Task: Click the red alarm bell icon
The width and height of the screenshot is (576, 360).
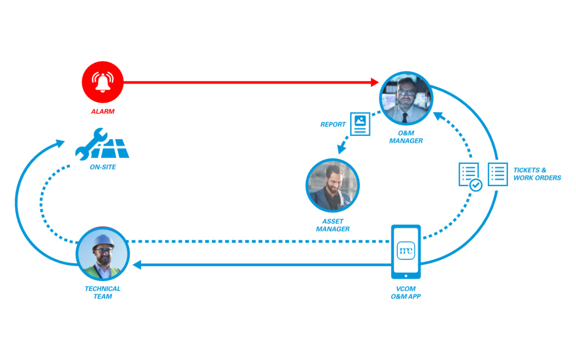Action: point(103,82)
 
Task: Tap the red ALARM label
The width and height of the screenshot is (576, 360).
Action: point(103,111)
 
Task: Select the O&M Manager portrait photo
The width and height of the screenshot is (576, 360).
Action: point(406,98)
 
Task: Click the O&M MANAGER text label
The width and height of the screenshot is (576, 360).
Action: point(406,137)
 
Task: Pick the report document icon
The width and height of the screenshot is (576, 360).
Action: point(360,124)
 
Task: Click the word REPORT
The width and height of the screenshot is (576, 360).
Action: point(333,125)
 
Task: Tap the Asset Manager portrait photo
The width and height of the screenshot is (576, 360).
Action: point(333,185)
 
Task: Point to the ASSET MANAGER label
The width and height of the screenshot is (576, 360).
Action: point(333,225)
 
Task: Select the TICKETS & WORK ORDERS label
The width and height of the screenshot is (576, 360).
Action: point(537,174)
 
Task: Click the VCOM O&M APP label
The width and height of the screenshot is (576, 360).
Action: point(405,292)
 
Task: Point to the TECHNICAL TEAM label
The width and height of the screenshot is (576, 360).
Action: point(103,292)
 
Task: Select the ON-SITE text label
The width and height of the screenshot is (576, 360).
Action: point(103,167)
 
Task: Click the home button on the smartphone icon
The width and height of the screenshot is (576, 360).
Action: point(405,276)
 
